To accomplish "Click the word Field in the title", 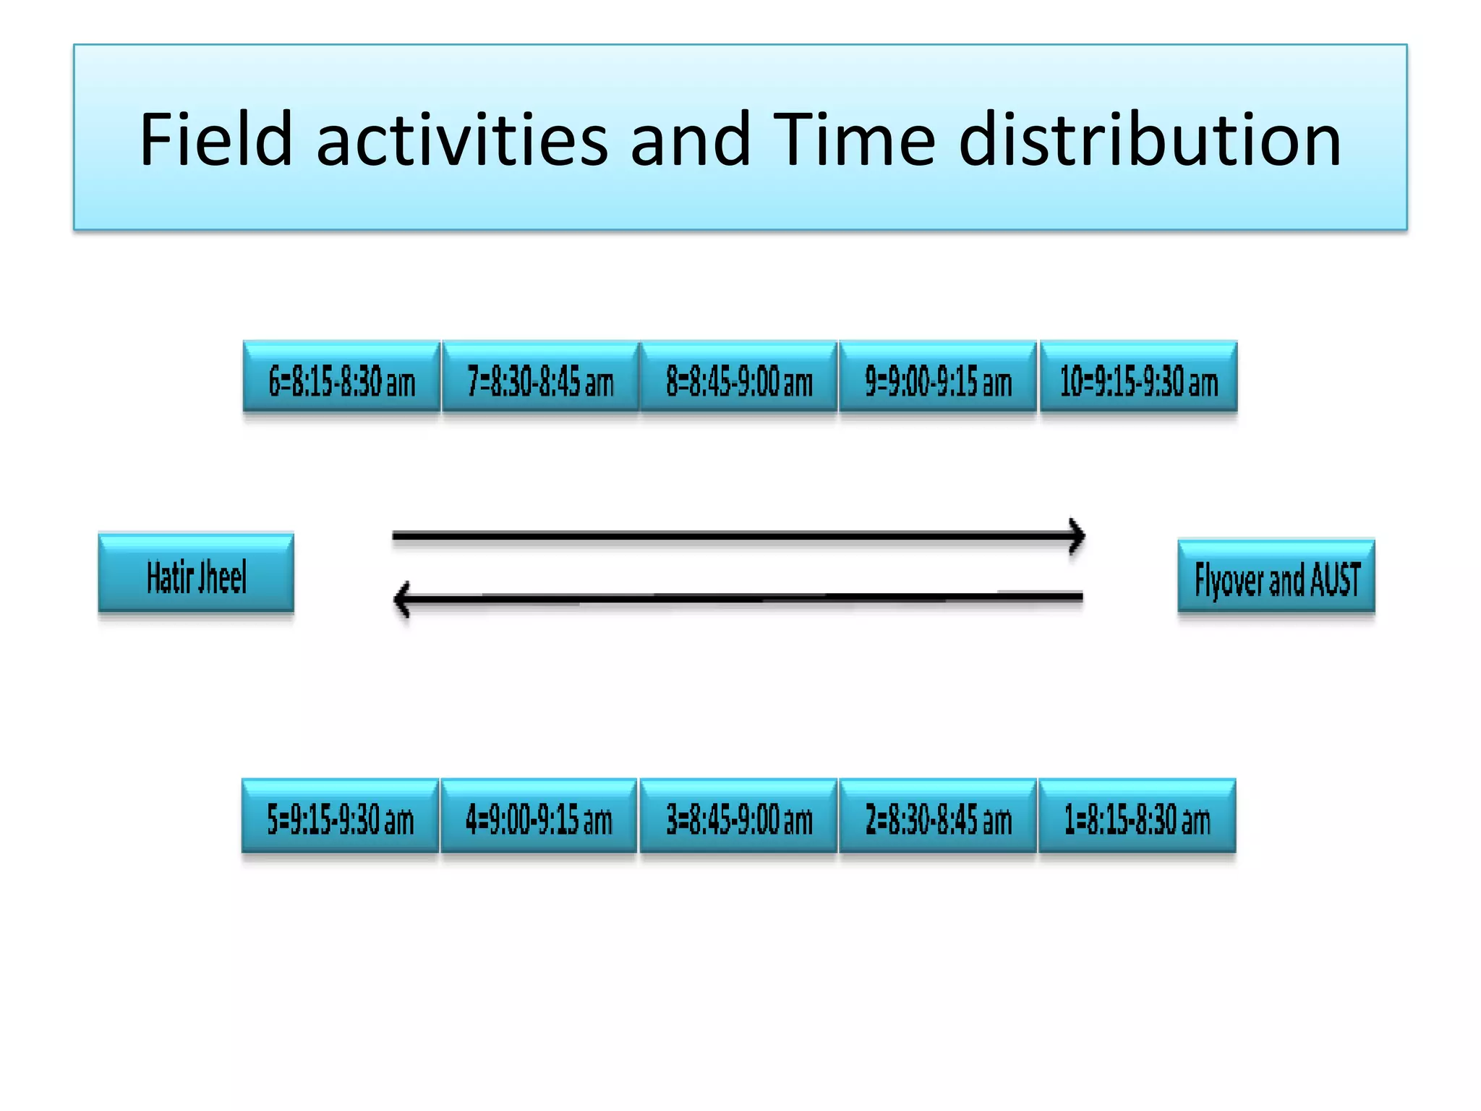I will click(x=215, y=139).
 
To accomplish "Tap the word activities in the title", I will click(x=462, y=139).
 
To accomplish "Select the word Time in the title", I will click(x=854, y=139).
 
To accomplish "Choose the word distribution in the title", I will click(x=1150, y=139).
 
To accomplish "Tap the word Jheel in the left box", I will click(x=222, y=577).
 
